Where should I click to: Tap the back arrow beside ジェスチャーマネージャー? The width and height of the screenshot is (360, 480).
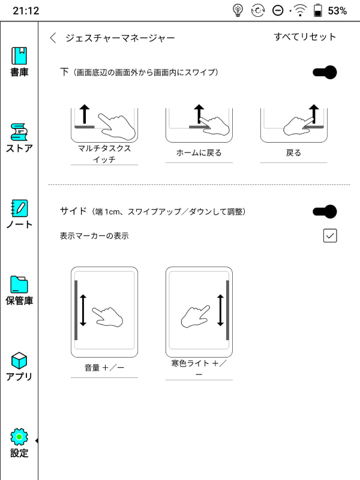(53, 38)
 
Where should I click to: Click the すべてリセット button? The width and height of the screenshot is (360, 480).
(305, 37)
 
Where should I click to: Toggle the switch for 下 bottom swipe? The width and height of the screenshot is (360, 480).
(325, 73)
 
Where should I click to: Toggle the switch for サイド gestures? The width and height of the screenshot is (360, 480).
(325, 211)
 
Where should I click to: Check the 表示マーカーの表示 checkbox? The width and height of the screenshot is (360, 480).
(330, 236)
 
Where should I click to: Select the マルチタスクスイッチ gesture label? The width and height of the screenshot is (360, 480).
(104, 154)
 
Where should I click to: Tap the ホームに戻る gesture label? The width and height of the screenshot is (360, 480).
(199, 152)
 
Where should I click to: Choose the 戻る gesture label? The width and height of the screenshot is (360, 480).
(294, 152)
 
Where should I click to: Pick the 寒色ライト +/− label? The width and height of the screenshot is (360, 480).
(199, 368)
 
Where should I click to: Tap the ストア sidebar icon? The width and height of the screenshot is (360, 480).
(19, 132)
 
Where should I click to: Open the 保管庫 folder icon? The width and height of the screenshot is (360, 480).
(19, 284)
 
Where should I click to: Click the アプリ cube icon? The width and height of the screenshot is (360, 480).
(19, 361)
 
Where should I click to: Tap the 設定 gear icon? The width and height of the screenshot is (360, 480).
(19, 437)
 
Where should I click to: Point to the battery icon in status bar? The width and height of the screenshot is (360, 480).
(318, 10)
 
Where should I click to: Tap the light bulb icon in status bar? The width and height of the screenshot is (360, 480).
(239, 10)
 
